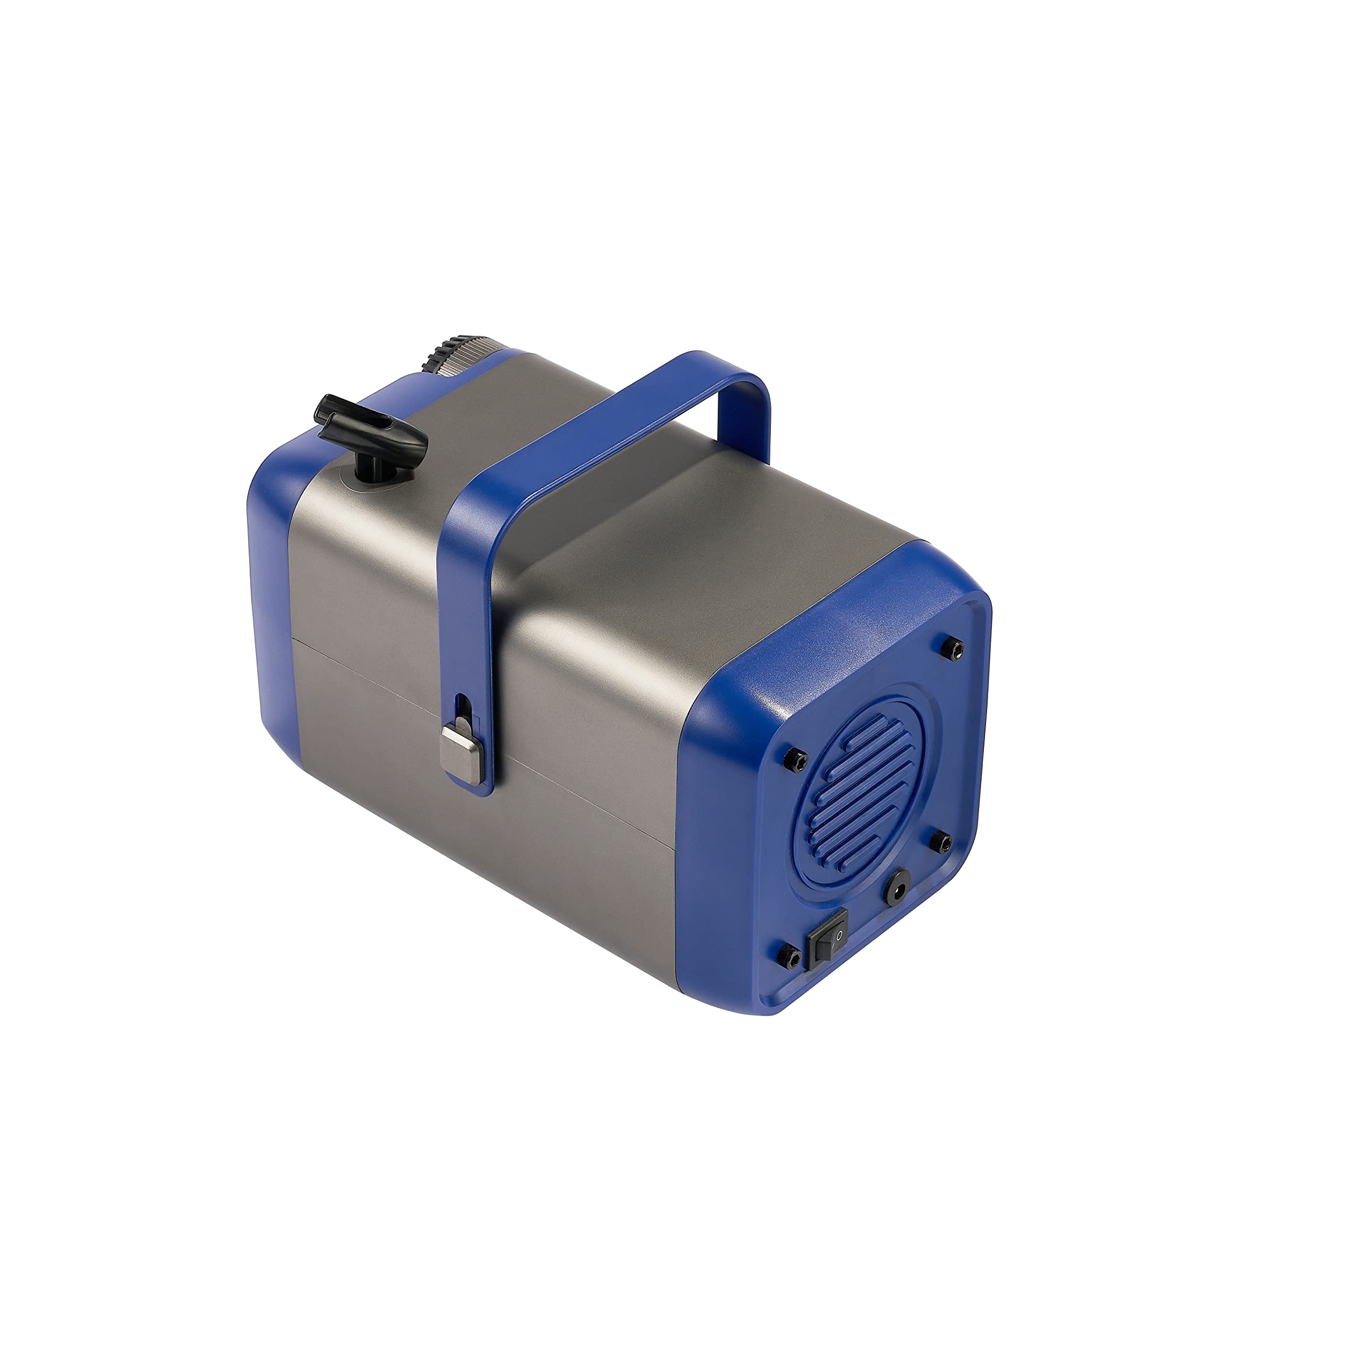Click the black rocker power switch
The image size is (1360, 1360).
pyautogui.click(x=828, y=938)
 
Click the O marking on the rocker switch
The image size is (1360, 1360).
pyautogui.click(x=838, y=935)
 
